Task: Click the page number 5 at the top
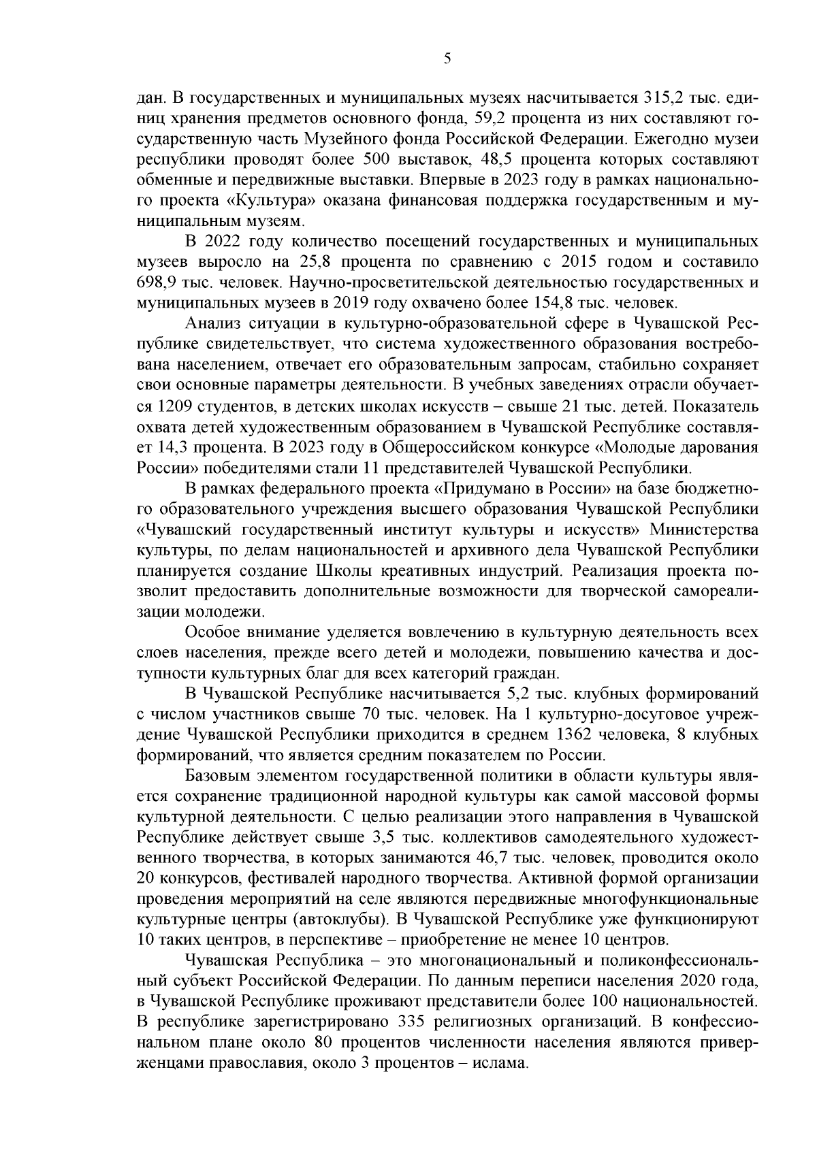pos(447,59)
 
